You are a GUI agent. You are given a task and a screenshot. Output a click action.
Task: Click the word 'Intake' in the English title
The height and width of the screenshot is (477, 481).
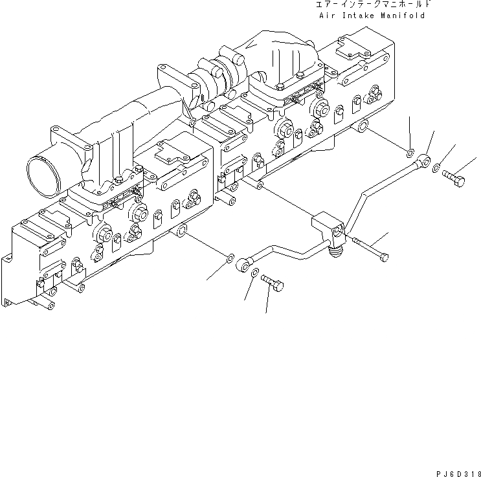coord(359,16)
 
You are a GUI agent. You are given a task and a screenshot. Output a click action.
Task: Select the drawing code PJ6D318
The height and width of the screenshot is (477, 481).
coord(456,472)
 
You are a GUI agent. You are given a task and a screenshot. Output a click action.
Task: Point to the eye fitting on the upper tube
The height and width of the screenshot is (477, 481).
coord(424,159)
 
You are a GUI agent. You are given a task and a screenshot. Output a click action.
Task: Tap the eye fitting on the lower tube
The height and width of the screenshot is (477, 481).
coord(245,263)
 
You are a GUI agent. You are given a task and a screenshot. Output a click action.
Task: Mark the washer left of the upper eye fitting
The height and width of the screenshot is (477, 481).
coord(410,153)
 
